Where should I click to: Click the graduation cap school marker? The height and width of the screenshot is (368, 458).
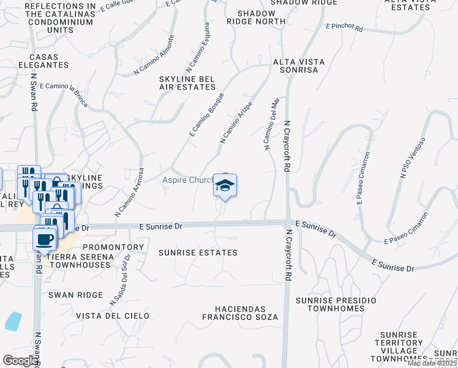point(225,186)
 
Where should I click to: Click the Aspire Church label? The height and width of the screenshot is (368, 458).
point(187,180)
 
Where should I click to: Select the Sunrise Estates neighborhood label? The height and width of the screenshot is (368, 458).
point(198,253)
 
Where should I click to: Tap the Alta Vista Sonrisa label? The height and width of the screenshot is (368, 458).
point(296,66)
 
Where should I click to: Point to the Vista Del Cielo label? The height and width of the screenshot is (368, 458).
point(113,316)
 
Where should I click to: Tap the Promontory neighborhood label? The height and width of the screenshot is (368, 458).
point(119,248)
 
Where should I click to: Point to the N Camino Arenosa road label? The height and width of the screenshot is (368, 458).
point(129,193)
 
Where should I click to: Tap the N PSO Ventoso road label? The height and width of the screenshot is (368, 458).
point(413,158)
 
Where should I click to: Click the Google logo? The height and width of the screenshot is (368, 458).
point(21,361)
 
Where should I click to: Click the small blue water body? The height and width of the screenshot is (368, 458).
point(13,321)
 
